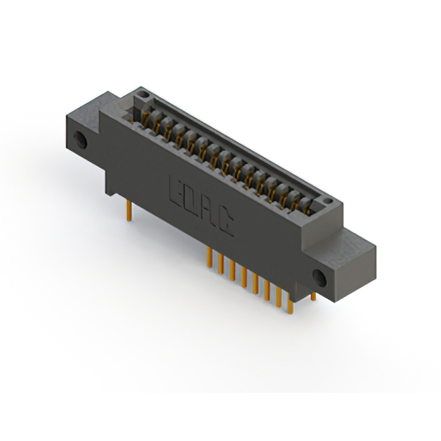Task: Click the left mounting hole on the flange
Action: (x=80, y=140)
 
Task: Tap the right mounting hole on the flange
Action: (x=320, y=278)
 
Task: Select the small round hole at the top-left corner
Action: (x=144, y=94)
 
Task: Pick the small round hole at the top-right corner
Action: (x=327, y=201)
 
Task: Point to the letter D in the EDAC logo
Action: (x=192, y=201)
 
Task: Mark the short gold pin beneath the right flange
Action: (x=314, y=296)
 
